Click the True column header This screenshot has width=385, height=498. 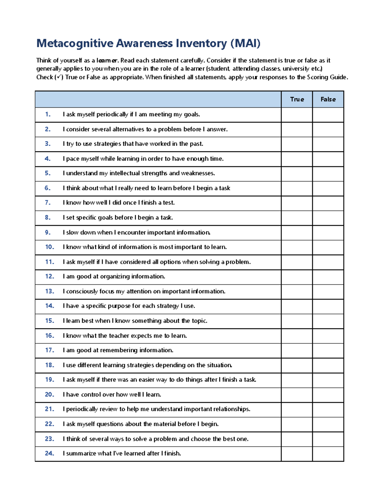(x=297, y=99)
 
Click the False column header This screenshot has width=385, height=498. (x=328, y=99)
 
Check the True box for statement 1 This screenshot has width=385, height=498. (x=297, y=114)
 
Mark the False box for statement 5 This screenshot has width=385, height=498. (x=328, y=173)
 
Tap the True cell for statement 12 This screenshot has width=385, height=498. (x=297, y=277)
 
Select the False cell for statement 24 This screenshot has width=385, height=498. (x=328, y=454)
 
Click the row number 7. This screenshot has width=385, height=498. (x=48, y=203)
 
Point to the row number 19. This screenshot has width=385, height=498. (x=49, y=380)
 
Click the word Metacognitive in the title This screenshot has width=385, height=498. (x=75, y=43)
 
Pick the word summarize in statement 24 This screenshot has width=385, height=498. (x=81, y=453)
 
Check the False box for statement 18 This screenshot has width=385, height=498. (x=328, y=365)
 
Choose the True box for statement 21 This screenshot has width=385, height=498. (x=297, y=409)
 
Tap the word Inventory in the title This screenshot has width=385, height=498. (x=201, y=43)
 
